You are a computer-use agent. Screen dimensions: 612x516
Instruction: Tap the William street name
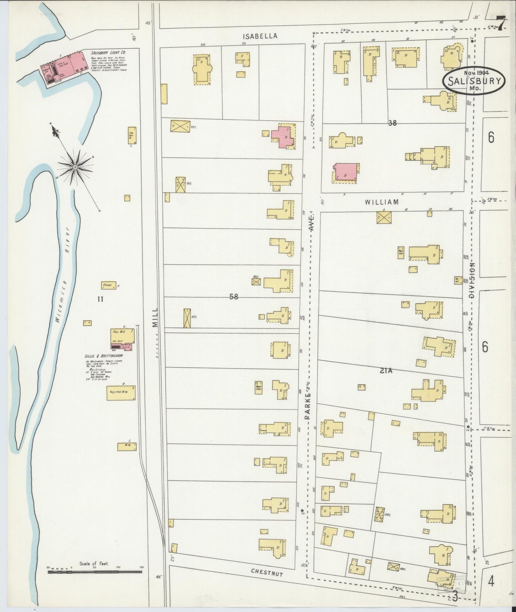pyautogui.click(x=381, y=202)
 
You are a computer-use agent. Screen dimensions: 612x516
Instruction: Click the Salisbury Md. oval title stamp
pyautogui.click(x=474, y=80)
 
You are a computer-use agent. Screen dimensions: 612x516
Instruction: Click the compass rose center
pyautogui.click(x=75, y=167)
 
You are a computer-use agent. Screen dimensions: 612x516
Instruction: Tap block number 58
pyautogui.click(x=234, y=296)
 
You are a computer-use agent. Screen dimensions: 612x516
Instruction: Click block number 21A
pyautogui.click(x=386, y=371)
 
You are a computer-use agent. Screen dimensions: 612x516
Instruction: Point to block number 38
pyautogui.click(x=392, y=123)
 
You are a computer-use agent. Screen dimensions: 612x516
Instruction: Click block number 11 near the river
pyautogui.click(x=100, y=299)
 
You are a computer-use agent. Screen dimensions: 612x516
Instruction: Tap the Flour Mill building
pyautogui.click(x=122, y=336)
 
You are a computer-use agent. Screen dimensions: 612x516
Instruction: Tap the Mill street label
pyautogui.click(x=155, y=318)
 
